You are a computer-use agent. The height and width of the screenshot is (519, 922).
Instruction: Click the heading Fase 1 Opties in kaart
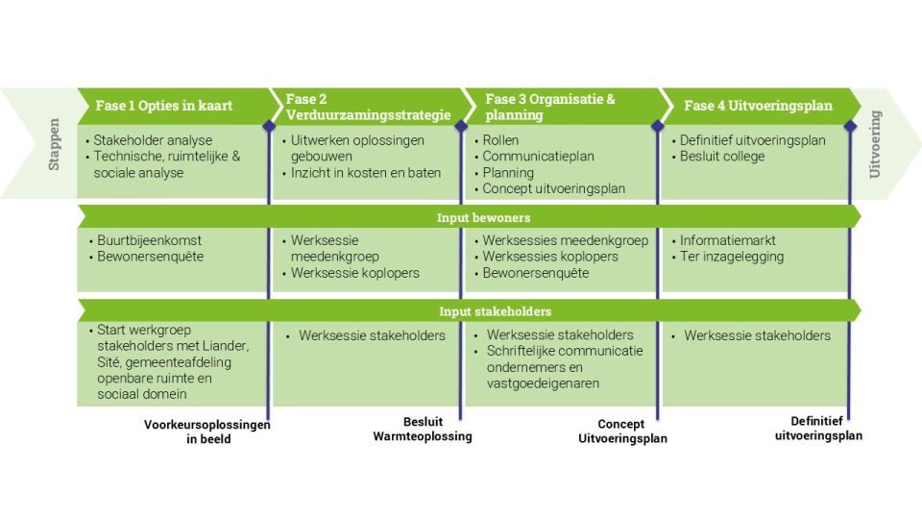click(x=163, y=106)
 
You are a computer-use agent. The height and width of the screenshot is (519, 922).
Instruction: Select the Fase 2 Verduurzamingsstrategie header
click(x=368, y=107)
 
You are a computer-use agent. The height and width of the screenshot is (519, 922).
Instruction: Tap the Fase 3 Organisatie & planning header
click(x=550, y=107)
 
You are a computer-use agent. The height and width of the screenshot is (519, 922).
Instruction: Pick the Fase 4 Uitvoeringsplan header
click(x=758, y=106)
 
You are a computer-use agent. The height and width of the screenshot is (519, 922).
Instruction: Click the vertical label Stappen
click(x=55, y=144)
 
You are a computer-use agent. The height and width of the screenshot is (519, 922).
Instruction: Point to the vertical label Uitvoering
click(x=875, y=144)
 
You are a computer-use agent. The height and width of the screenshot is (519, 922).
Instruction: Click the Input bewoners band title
click(x=470, y=217)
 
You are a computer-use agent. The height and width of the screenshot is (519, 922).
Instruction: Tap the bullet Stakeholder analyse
click(x=154, y=140)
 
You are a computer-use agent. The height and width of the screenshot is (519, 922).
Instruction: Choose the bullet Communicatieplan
click(x=538, y=157)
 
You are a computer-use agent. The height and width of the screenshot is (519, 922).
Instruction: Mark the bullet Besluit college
click(x=722, y=157)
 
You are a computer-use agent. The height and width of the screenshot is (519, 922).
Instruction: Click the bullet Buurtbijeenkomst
click(x=149, y=240)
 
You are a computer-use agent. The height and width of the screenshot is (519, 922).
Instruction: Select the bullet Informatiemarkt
click(x=727, y=240)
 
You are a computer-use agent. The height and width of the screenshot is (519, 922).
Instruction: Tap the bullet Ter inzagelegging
click(x=732, y=257)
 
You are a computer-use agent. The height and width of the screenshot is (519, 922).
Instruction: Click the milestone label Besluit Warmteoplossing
click(x=424, y=429)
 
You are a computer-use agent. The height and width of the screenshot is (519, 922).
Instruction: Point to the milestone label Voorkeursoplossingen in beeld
click(x=207, y=432)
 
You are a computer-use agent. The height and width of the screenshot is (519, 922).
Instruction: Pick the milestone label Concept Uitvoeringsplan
click(x=621, y=431)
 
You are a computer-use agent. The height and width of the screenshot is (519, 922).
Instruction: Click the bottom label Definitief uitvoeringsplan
click(x=818, y=428)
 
